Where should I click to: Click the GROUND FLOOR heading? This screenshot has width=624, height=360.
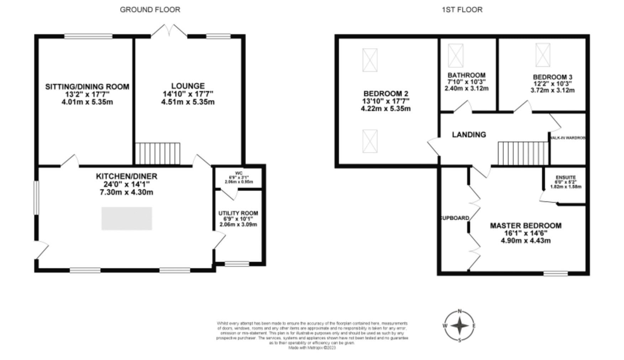(x=150, y=10)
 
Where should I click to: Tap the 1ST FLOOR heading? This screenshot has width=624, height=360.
(x=462, y=10)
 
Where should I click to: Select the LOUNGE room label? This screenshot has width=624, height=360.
(x=188, y=86)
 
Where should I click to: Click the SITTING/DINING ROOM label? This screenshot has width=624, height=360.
(x=87, y=87)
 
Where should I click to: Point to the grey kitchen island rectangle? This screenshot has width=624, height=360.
(x=127, y=218)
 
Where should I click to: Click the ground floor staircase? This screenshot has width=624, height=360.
(x=158, y=154)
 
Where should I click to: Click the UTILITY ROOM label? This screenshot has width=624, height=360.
(x=238, y=213)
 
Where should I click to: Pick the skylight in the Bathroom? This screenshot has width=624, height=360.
(x=456, y=55)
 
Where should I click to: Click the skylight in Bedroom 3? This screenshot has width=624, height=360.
(x=543, y=55)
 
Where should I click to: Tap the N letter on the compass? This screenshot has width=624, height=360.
(x=460, y=311)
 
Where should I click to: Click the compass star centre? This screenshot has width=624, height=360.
(x=460, y=325)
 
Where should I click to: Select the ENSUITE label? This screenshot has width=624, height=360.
(x=566, y=178)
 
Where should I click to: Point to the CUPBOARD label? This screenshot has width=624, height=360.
(x=455, y=218)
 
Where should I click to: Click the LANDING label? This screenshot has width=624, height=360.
(x=469, y=134)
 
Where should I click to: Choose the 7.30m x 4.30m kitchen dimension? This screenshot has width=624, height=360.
(x=126, y=192)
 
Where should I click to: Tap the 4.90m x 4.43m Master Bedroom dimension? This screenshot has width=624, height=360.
(x=526, y=240)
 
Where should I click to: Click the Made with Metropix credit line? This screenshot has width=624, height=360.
(x=312, y=348)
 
